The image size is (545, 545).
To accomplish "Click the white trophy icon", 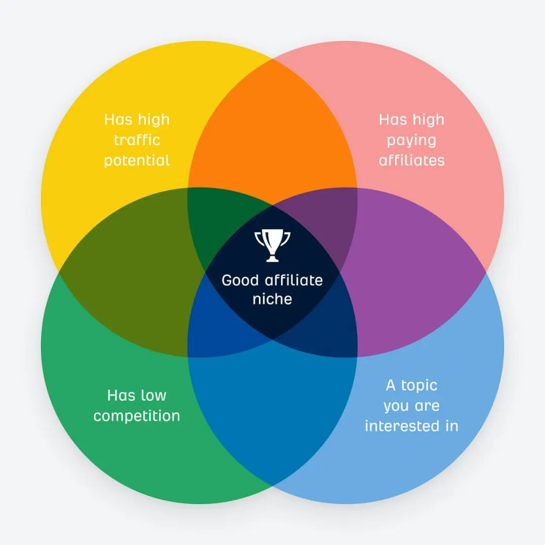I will (272, 245).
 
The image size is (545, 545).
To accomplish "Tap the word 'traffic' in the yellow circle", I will (137, 140).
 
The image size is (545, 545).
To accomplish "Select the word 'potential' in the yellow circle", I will (137, 161).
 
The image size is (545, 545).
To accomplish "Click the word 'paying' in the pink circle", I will (411, 141).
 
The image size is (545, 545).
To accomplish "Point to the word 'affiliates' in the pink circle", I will (411, 160).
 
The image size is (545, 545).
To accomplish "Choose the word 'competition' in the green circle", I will (137, 416).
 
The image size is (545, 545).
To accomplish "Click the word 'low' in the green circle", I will (154, 395).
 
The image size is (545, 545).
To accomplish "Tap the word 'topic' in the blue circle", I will (419, 385).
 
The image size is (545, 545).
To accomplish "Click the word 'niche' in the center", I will (272, 299).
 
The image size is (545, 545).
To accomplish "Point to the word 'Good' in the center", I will (240, 280).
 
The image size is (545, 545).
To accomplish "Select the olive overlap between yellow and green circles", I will (131, 272).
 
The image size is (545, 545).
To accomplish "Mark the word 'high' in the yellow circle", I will (153, 120).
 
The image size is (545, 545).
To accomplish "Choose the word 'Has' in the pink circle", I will (393, 120).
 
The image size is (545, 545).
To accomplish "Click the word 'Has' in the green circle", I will (121, 395).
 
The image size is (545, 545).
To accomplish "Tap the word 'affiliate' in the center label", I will (294, 280).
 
